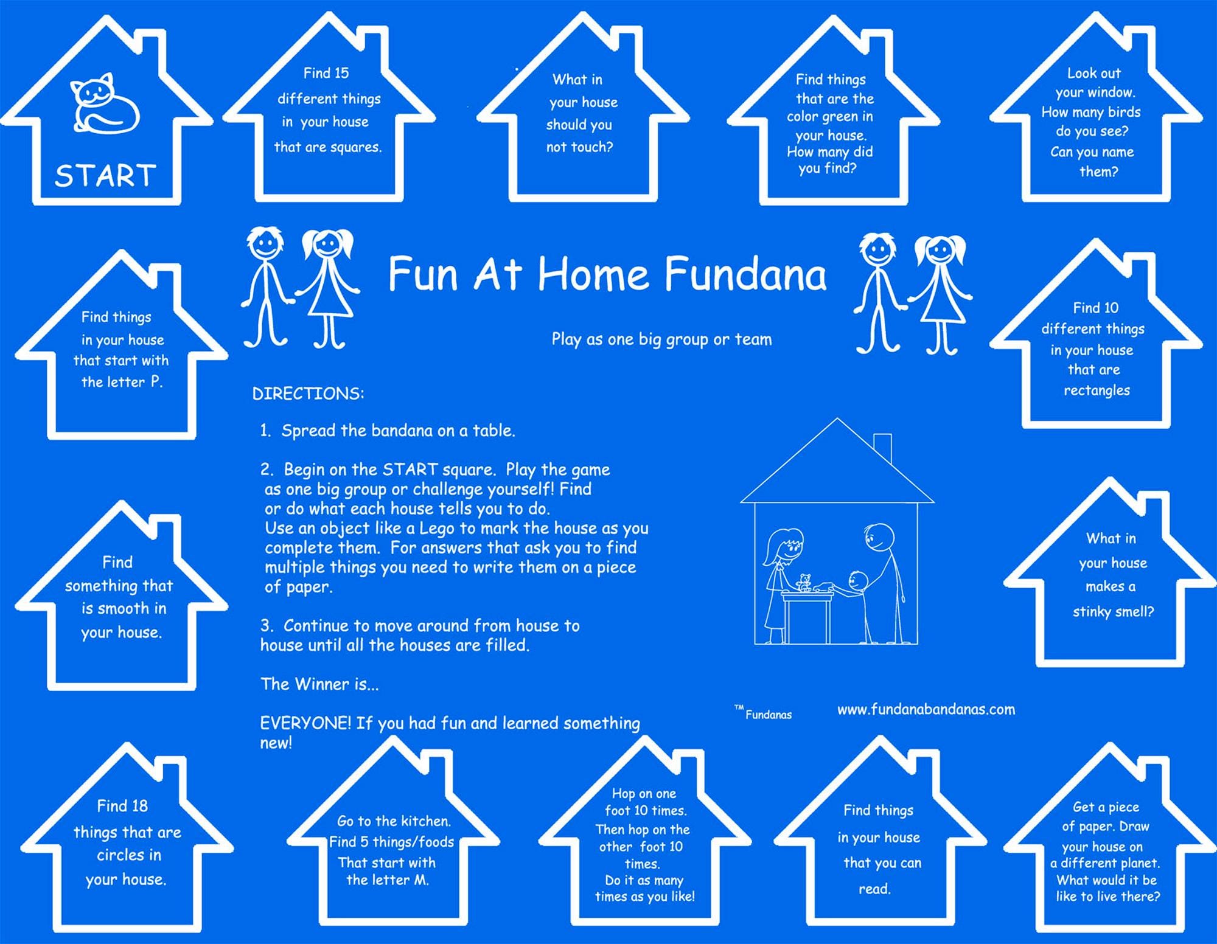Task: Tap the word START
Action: [x=105, y=176]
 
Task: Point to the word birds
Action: [x=1124, y=112]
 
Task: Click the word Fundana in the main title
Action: [x=745, y=274]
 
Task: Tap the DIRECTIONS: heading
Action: [x=308, y=394]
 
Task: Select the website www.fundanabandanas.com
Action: [x=926, y=709]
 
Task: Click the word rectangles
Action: [x=1097, y=390]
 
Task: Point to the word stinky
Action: [x=1092, y=612]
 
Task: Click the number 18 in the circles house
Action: [x=139, y=806]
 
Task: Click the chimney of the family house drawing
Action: [x=882, y=448]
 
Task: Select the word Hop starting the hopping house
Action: [x=623, y=794]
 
